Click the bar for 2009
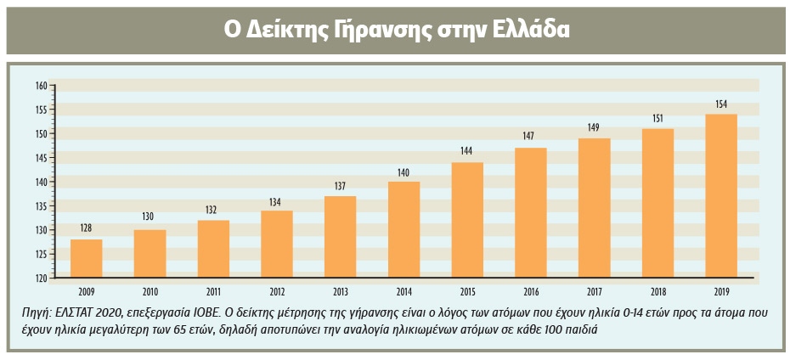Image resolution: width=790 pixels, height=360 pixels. click(x=86, y=258)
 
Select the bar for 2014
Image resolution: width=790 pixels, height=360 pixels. click(x=403, y=229)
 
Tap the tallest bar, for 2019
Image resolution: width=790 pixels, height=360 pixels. click(x=721, y=195)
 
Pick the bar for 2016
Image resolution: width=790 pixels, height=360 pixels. click(x=531, y=212)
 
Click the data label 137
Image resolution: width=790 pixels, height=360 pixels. click(x=340, y=187)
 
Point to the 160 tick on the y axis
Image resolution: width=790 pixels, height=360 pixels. click(x=40, y=86)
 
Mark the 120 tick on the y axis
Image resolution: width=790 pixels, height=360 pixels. click(x=40, y=278)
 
